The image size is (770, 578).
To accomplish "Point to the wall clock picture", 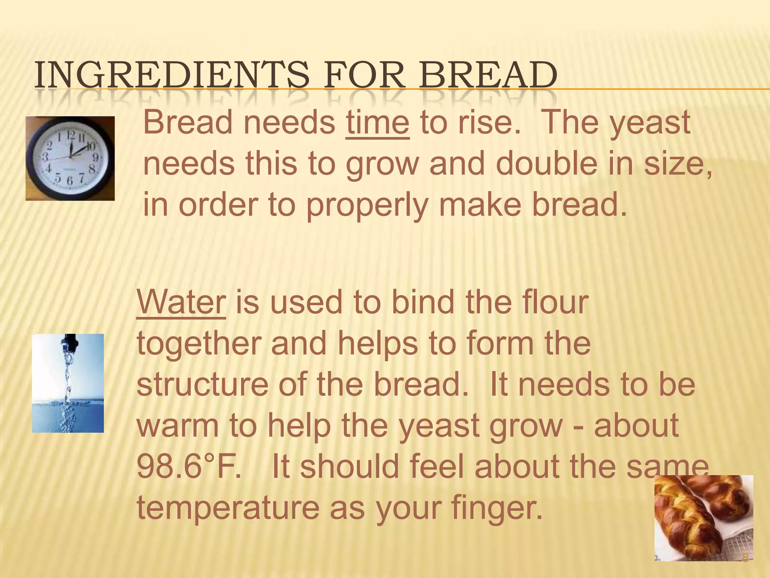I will (x=70, y=158).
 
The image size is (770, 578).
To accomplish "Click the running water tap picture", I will (x=68, y=383).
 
